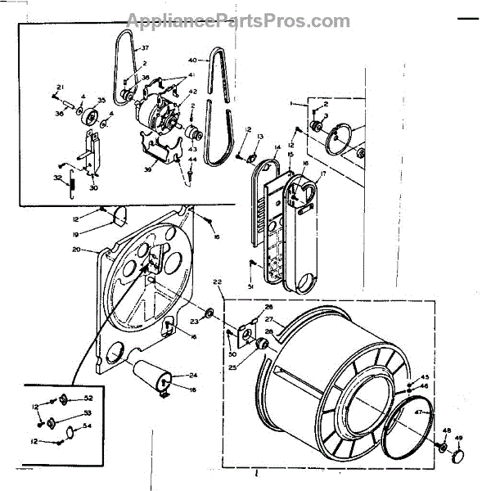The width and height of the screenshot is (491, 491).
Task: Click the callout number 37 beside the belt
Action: [x=147, y=49]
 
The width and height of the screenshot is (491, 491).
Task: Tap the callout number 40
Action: [x=192, y=61]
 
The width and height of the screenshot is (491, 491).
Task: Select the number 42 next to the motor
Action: [x=193, y=92]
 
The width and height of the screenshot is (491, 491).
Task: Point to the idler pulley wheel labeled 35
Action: [x=88, y=112]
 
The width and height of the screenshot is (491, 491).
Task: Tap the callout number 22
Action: [x=218, y=282]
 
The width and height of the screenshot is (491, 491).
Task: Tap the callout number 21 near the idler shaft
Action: [x=61, y=87]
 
